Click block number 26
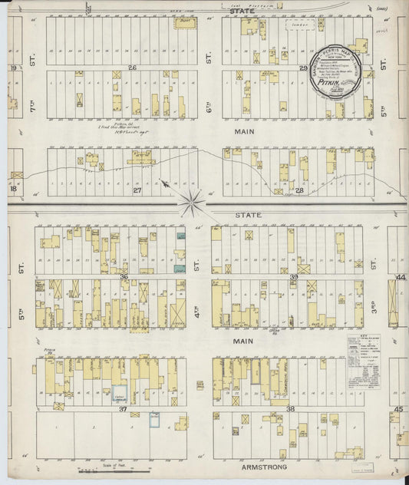pyautogui.click(x=132, y=68)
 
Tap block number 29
pyautogui.click(x=303, y=68)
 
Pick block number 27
pyautogui.click(x=137, y=189)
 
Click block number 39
pyautogui.click(x=294, y=276)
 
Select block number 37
pyautogui.click(x=123, y=409)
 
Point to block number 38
pyautogui.click(x=291, y=409)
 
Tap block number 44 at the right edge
pyautogui.click(x=400, y=276)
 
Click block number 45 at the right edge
pyautogui.click(x=398, y=409)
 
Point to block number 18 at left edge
pyautogui.click(x=14, y=189)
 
